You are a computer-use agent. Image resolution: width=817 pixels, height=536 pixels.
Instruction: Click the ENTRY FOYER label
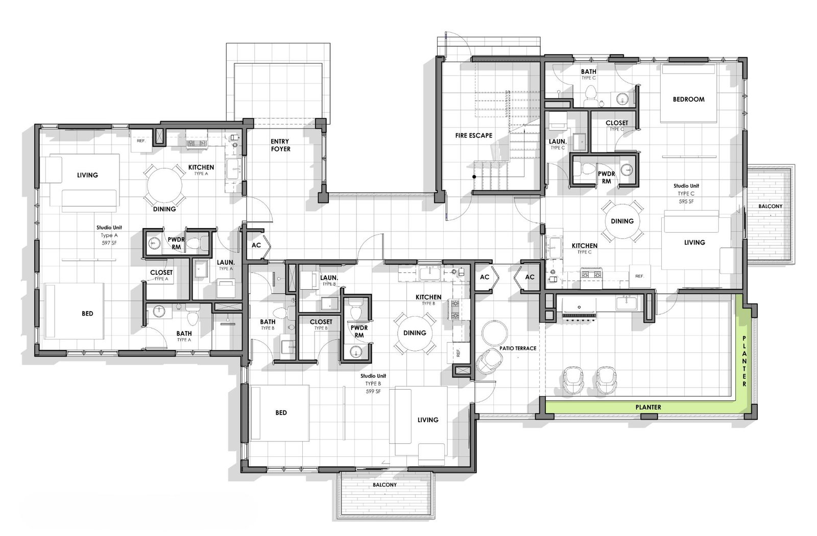[280, 145]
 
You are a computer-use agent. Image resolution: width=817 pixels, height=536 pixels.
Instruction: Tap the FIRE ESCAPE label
[473, 136]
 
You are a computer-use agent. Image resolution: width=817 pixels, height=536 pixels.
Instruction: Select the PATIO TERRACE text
[518, 348]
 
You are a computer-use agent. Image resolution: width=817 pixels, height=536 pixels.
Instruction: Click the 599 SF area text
[373, 391]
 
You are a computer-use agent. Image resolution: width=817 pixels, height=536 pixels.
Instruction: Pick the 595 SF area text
[686, 201]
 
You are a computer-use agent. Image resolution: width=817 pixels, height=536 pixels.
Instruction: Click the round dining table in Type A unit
[164, 185]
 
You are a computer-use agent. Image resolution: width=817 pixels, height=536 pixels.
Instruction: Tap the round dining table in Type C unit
[621, 221]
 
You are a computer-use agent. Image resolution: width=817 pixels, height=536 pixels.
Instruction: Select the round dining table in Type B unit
[414, 333]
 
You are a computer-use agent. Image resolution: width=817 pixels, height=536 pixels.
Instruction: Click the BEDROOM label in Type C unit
[688, 99]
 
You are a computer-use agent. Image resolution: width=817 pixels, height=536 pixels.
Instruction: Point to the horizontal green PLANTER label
[648, 407]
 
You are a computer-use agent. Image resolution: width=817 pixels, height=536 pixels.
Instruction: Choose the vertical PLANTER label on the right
[744, 361]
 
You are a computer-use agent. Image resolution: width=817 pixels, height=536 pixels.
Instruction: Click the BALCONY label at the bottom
[384, 485]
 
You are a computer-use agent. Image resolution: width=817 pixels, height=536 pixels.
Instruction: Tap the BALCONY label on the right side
[770, 206]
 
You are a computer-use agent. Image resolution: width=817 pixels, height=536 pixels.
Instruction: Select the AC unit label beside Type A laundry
[256, 245]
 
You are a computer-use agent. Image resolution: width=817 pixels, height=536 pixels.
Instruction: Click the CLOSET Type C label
[616, 123]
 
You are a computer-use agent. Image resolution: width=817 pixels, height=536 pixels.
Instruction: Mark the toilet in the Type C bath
[590, 93]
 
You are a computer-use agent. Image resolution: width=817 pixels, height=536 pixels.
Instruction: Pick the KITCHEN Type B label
[428, 297]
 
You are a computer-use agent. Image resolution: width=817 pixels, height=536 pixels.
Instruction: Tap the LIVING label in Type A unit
[87, 175]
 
